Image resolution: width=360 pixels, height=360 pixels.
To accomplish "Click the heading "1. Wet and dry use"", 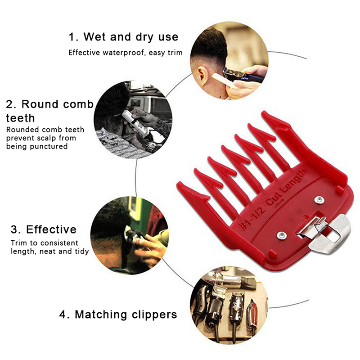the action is tap(123, 37).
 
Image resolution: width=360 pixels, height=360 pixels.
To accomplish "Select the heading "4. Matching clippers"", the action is tap(118, 315).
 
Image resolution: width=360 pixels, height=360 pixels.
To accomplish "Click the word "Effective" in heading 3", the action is tap(51, 229).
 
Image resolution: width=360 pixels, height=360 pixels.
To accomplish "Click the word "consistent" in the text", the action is tap(60, 243).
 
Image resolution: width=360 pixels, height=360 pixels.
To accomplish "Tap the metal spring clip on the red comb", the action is tap(324, 233).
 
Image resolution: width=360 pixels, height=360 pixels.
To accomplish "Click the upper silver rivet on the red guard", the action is tap(319, 200).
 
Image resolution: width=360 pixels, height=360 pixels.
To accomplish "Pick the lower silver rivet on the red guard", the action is tap(281, 235).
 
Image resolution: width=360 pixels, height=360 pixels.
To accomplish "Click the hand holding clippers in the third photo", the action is tap(149, 250).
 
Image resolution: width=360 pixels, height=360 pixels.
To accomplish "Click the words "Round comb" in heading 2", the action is tap(58, 104).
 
